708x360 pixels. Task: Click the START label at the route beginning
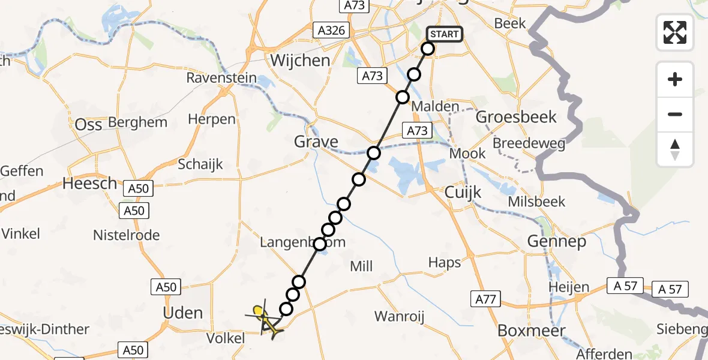(444, 34)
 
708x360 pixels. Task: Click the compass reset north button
(675, 149)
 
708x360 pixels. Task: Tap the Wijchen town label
(300, 61)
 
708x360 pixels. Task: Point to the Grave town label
(316, 142)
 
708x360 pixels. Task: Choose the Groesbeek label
(516, 117)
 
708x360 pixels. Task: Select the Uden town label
(184, 313)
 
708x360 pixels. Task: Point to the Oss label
(89, 125)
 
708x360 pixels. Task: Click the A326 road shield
(331, 29)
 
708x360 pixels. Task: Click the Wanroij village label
(400, 316)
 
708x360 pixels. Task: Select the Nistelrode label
(126, 235)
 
